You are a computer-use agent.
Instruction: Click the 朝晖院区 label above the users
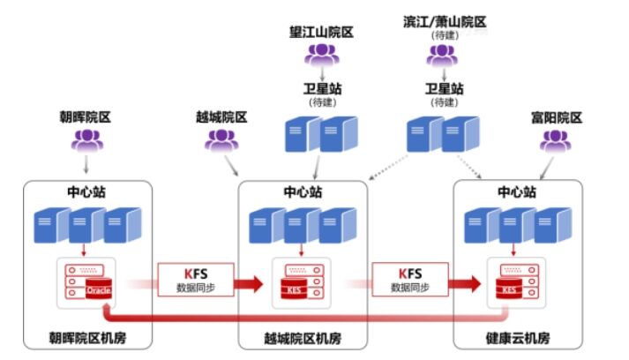pos(86,116)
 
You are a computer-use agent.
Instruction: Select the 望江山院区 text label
pos(321,33)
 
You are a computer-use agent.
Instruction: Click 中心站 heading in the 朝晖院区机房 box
pos(86,191)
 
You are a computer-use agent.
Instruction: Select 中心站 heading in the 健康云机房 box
pos(516,191)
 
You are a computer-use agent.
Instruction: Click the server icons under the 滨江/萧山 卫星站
pos(442,134)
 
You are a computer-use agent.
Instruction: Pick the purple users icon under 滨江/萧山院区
pos(442,56)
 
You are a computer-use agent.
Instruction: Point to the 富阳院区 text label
pos(556,116)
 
